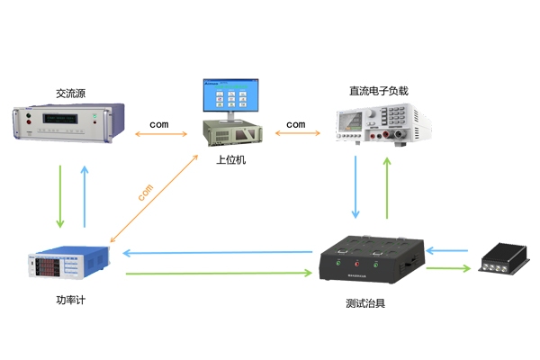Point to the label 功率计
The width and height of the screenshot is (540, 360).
(x=70, y=298)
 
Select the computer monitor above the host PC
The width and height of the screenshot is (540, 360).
(x=231, y=98)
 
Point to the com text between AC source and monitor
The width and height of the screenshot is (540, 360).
(x=159, y=123)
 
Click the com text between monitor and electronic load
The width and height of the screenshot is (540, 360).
(x=296, y=123)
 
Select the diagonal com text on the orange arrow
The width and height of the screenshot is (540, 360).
(x=147, y=192)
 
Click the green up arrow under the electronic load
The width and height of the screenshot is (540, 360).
(x=388, y=187)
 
